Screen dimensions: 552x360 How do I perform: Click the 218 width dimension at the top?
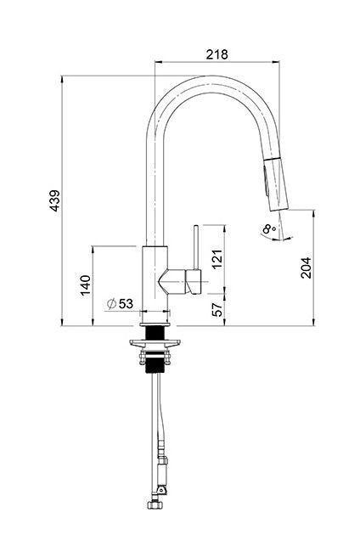point(217,54)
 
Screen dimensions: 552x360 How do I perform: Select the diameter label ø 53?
point(121,303)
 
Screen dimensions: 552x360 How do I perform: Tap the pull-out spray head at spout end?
point(273,183)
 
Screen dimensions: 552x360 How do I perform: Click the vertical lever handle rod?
point(195,246)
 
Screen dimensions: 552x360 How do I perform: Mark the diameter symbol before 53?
point(112,303)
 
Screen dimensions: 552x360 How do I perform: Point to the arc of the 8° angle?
point(270,239)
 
